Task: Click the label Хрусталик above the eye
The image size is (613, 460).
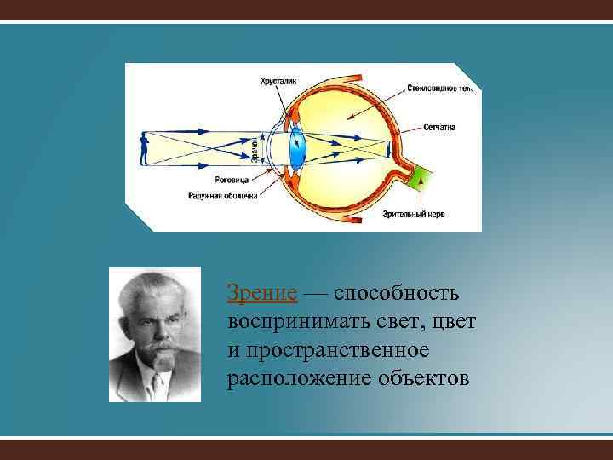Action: [279, 81]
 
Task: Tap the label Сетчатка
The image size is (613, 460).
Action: [438, 127]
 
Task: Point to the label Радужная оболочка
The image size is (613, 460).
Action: [223, 195]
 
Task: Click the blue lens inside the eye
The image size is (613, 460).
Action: [298, 147]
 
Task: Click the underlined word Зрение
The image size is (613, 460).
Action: [262, 294]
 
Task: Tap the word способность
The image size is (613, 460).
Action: [397, 294]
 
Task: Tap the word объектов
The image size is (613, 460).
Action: [421, 378]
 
